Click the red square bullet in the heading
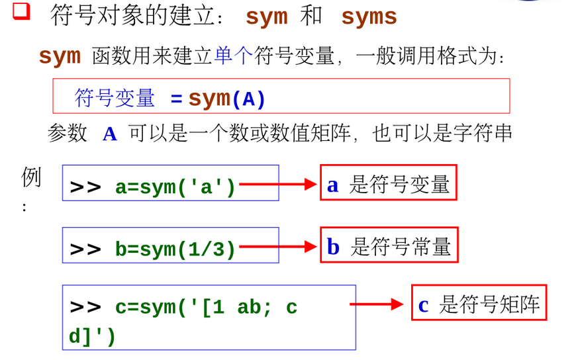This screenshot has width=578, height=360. click(x=22, y=11)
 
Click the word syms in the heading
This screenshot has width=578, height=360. click(x=369, y=17)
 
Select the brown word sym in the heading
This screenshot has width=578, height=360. click(x=266, y=17)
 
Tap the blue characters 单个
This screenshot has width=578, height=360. click(x=234, y=56)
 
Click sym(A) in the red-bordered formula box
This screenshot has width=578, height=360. click(x=227, y=99)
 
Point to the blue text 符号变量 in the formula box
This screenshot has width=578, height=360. click(x=115, y=99)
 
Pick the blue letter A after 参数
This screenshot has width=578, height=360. click(x=109, y=134)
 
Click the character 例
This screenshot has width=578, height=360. click(x=31, y=177)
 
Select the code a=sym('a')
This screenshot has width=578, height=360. click(x=175, y=187)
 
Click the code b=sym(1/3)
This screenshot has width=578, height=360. click(x=175, y=249)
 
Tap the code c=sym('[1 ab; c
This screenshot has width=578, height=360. click(x=206, y=308)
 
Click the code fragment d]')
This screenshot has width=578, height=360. click(x=92, y=336)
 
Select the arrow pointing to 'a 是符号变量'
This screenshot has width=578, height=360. click(x=278, y=185)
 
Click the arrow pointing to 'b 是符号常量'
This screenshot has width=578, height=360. click(x=278, y=247)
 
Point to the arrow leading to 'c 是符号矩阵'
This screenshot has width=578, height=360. click(x=376, y=304)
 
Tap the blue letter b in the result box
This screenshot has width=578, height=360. click(x=333, y=247)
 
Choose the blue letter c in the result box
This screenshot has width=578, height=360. click(x=424, y=304)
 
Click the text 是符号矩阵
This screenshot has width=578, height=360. click(x=490, y=304)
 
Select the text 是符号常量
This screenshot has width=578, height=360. click(x=401, y=247)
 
